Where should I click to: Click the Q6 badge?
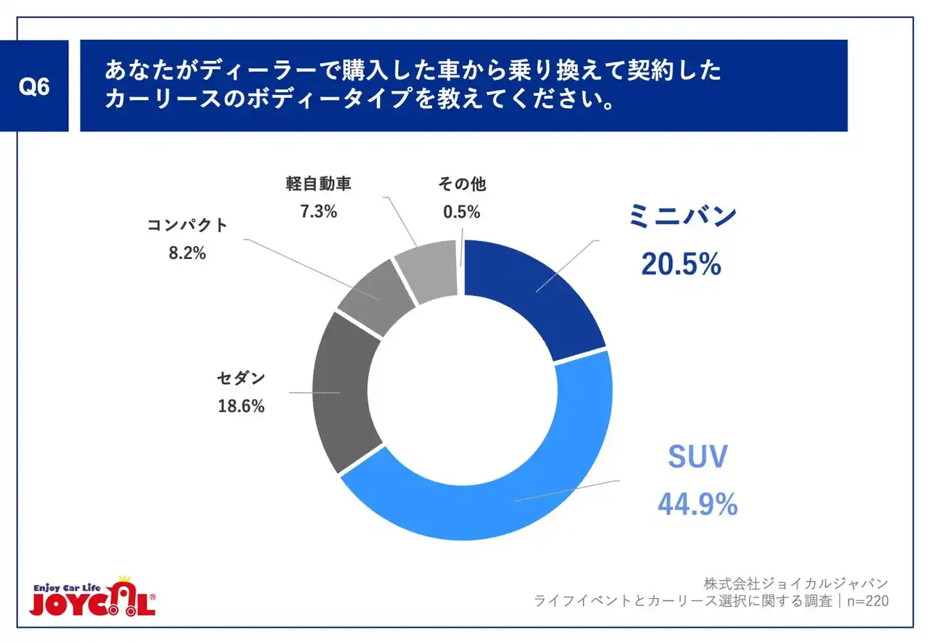tap(34, 86)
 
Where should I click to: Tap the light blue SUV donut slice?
tap(507, 493)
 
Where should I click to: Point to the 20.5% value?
tap(680, 264)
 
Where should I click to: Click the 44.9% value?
tap(697, 504)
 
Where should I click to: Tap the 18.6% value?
tap(241, 406)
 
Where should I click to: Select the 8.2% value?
tap(187, 253)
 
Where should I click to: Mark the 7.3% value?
tap(318, 212)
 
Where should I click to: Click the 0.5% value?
tap(462, 212)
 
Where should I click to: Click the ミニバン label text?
tap(682, 217)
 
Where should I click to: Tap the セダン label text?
tap(241, 378)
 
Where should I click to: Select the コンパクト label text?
tap(187, 225)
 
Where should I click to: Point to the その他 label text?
tap(462, 184)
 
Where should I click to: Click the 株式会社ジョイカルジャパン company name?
tap(795, 583)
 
